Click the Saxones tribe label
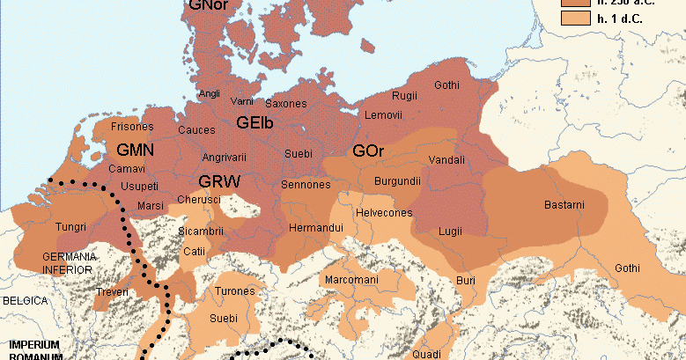286,103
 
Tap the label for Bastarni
564,205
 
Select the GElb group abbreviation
255,123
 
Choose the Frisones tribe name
132,127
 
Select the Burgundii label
395,181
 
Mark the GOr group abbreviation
368,151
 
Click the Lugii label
450,231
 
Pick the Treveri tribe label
113,291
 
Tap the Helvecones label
384,213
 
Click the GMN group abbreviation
135,150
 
